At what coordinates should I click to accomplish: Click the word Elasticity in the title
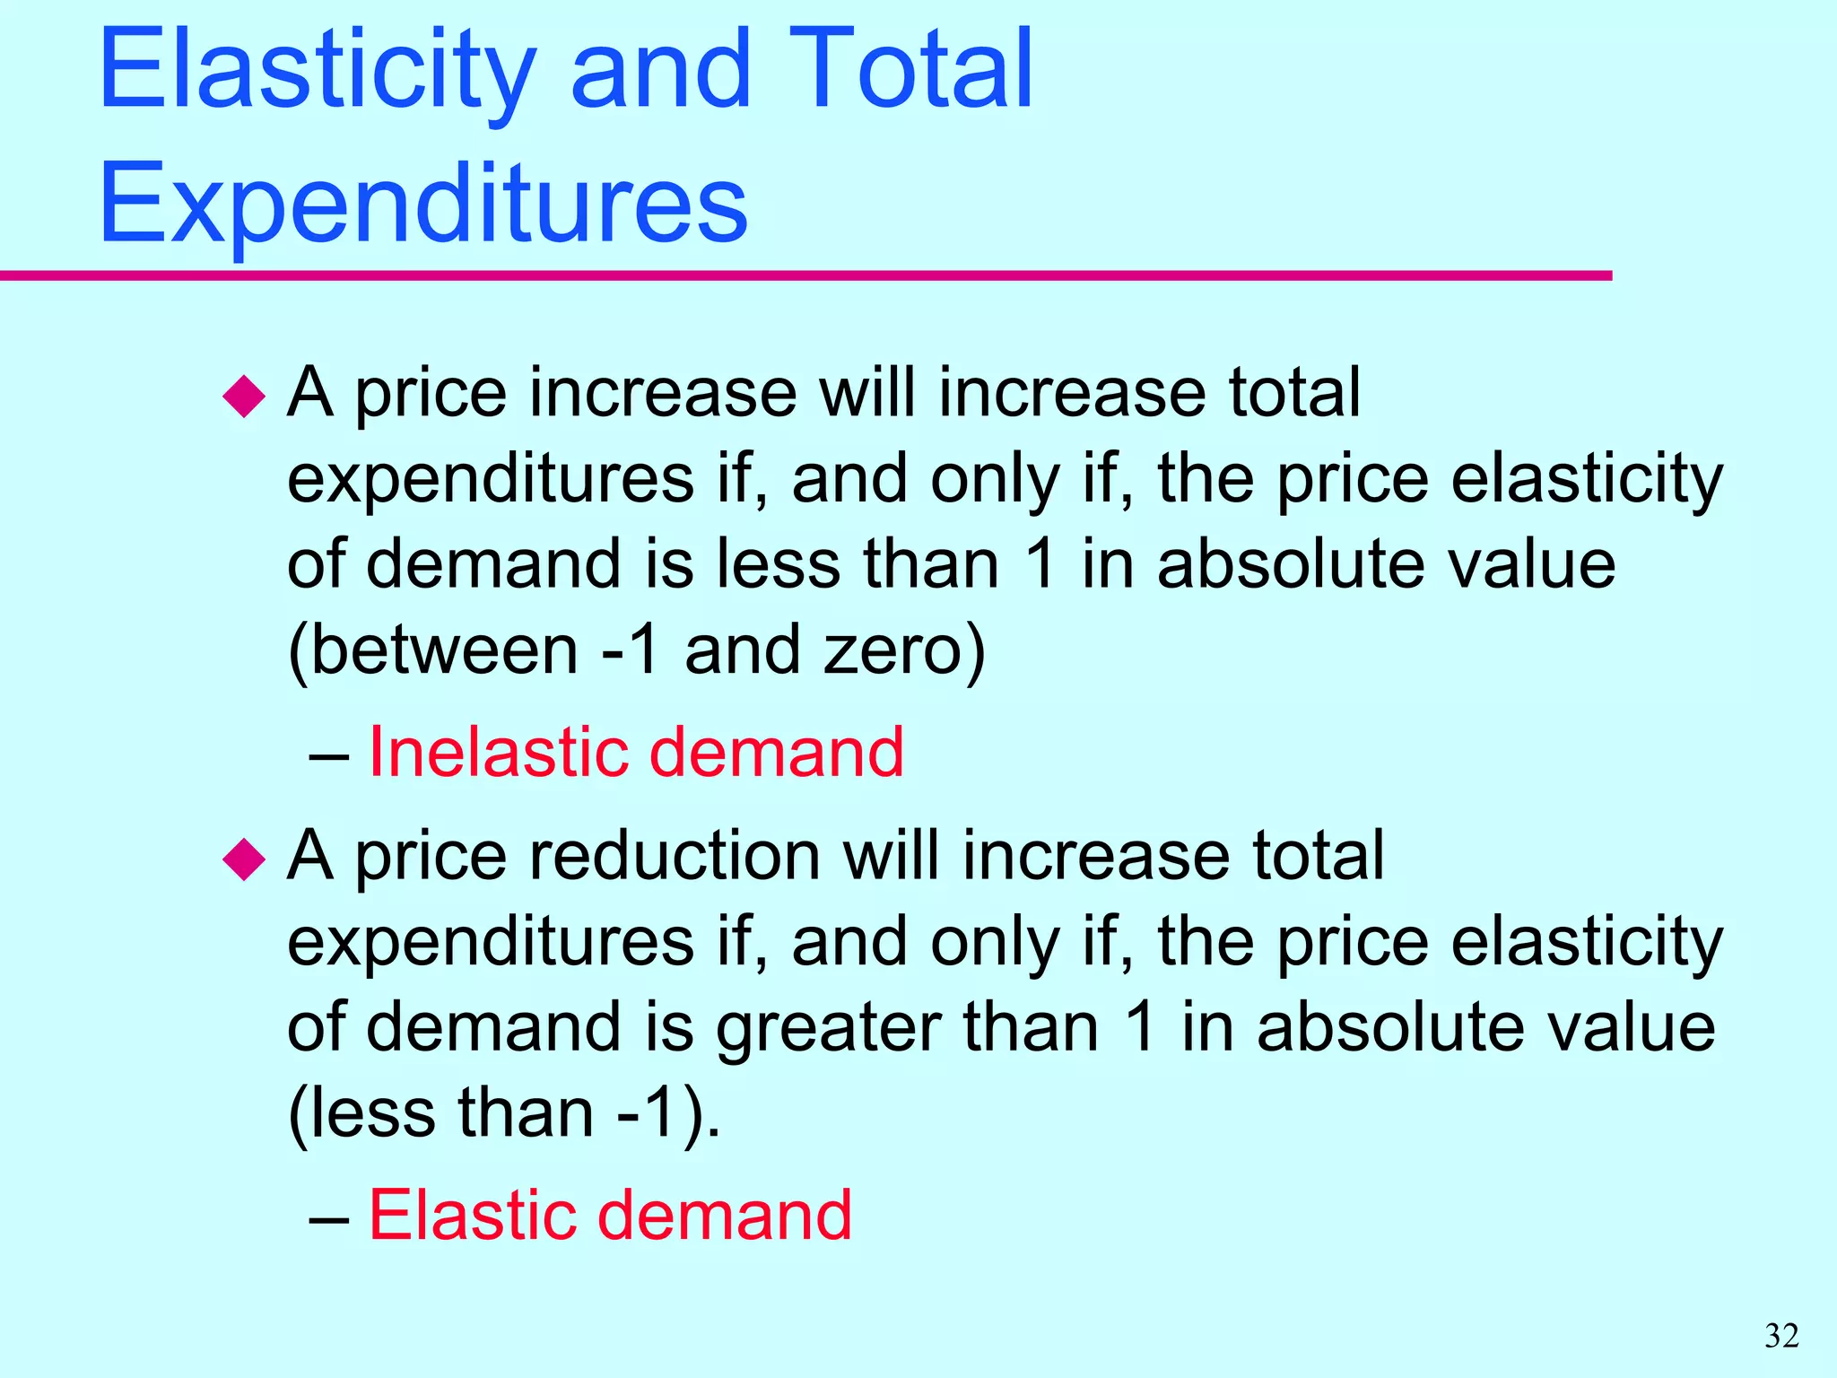tap(318, 72)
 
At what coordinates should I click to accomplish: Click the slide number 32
tap(1781, 1336)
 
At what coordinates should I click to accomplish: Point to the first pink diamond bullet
tap(244, 396)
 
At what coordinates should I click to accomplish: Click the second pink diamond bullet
tap(244, 859)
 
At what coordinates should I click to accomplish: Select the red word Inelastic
tap(499, 751)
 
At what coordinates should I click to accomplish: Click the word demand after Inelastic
tap(776, 751)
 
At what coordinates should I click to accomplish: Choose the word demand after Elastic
tap(724, 1215)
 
